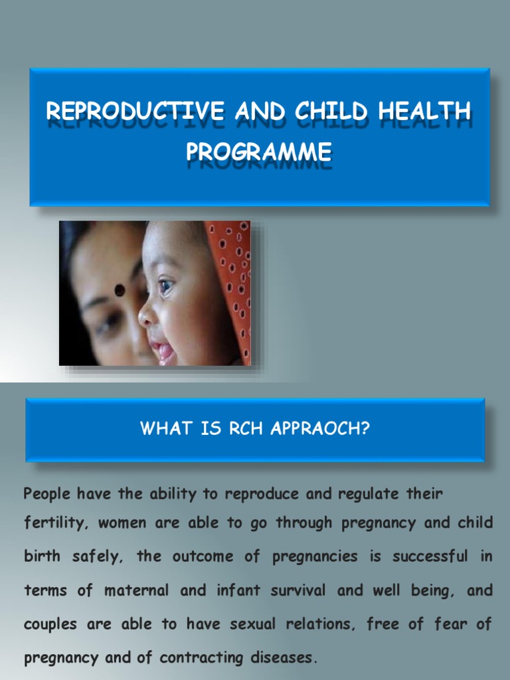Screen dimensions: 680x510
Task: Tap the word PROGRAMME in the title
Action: pyautogui.click(x=259, y=151)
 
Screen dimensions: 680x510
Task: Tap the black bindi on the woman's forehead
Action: pyautogui.click(x=120, y=290)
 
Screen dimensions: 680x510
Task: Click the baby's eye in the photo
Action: pyautogui.click(x=165, y=286)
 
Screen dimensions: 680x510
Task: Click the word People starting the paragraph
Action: pyautogui.click(x=46, y=495)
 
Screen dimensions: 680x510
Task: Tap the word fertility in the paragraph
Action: pyautogui.click(x=55, y=523)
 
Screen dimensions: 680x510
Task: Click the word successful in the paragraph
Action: pyautogui.click(x=431, y=556)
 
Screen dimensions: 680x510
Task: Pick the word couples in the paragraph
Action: pyautogui.click(x=50, y=625)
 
